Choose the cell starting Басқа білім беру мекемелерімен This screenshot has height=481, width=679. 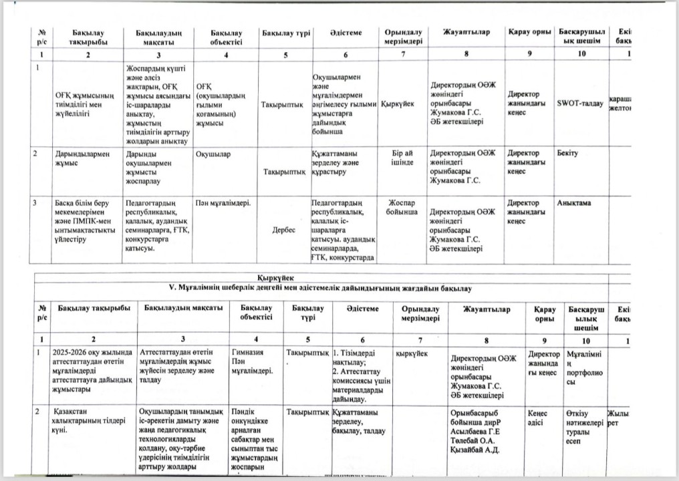86,220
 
